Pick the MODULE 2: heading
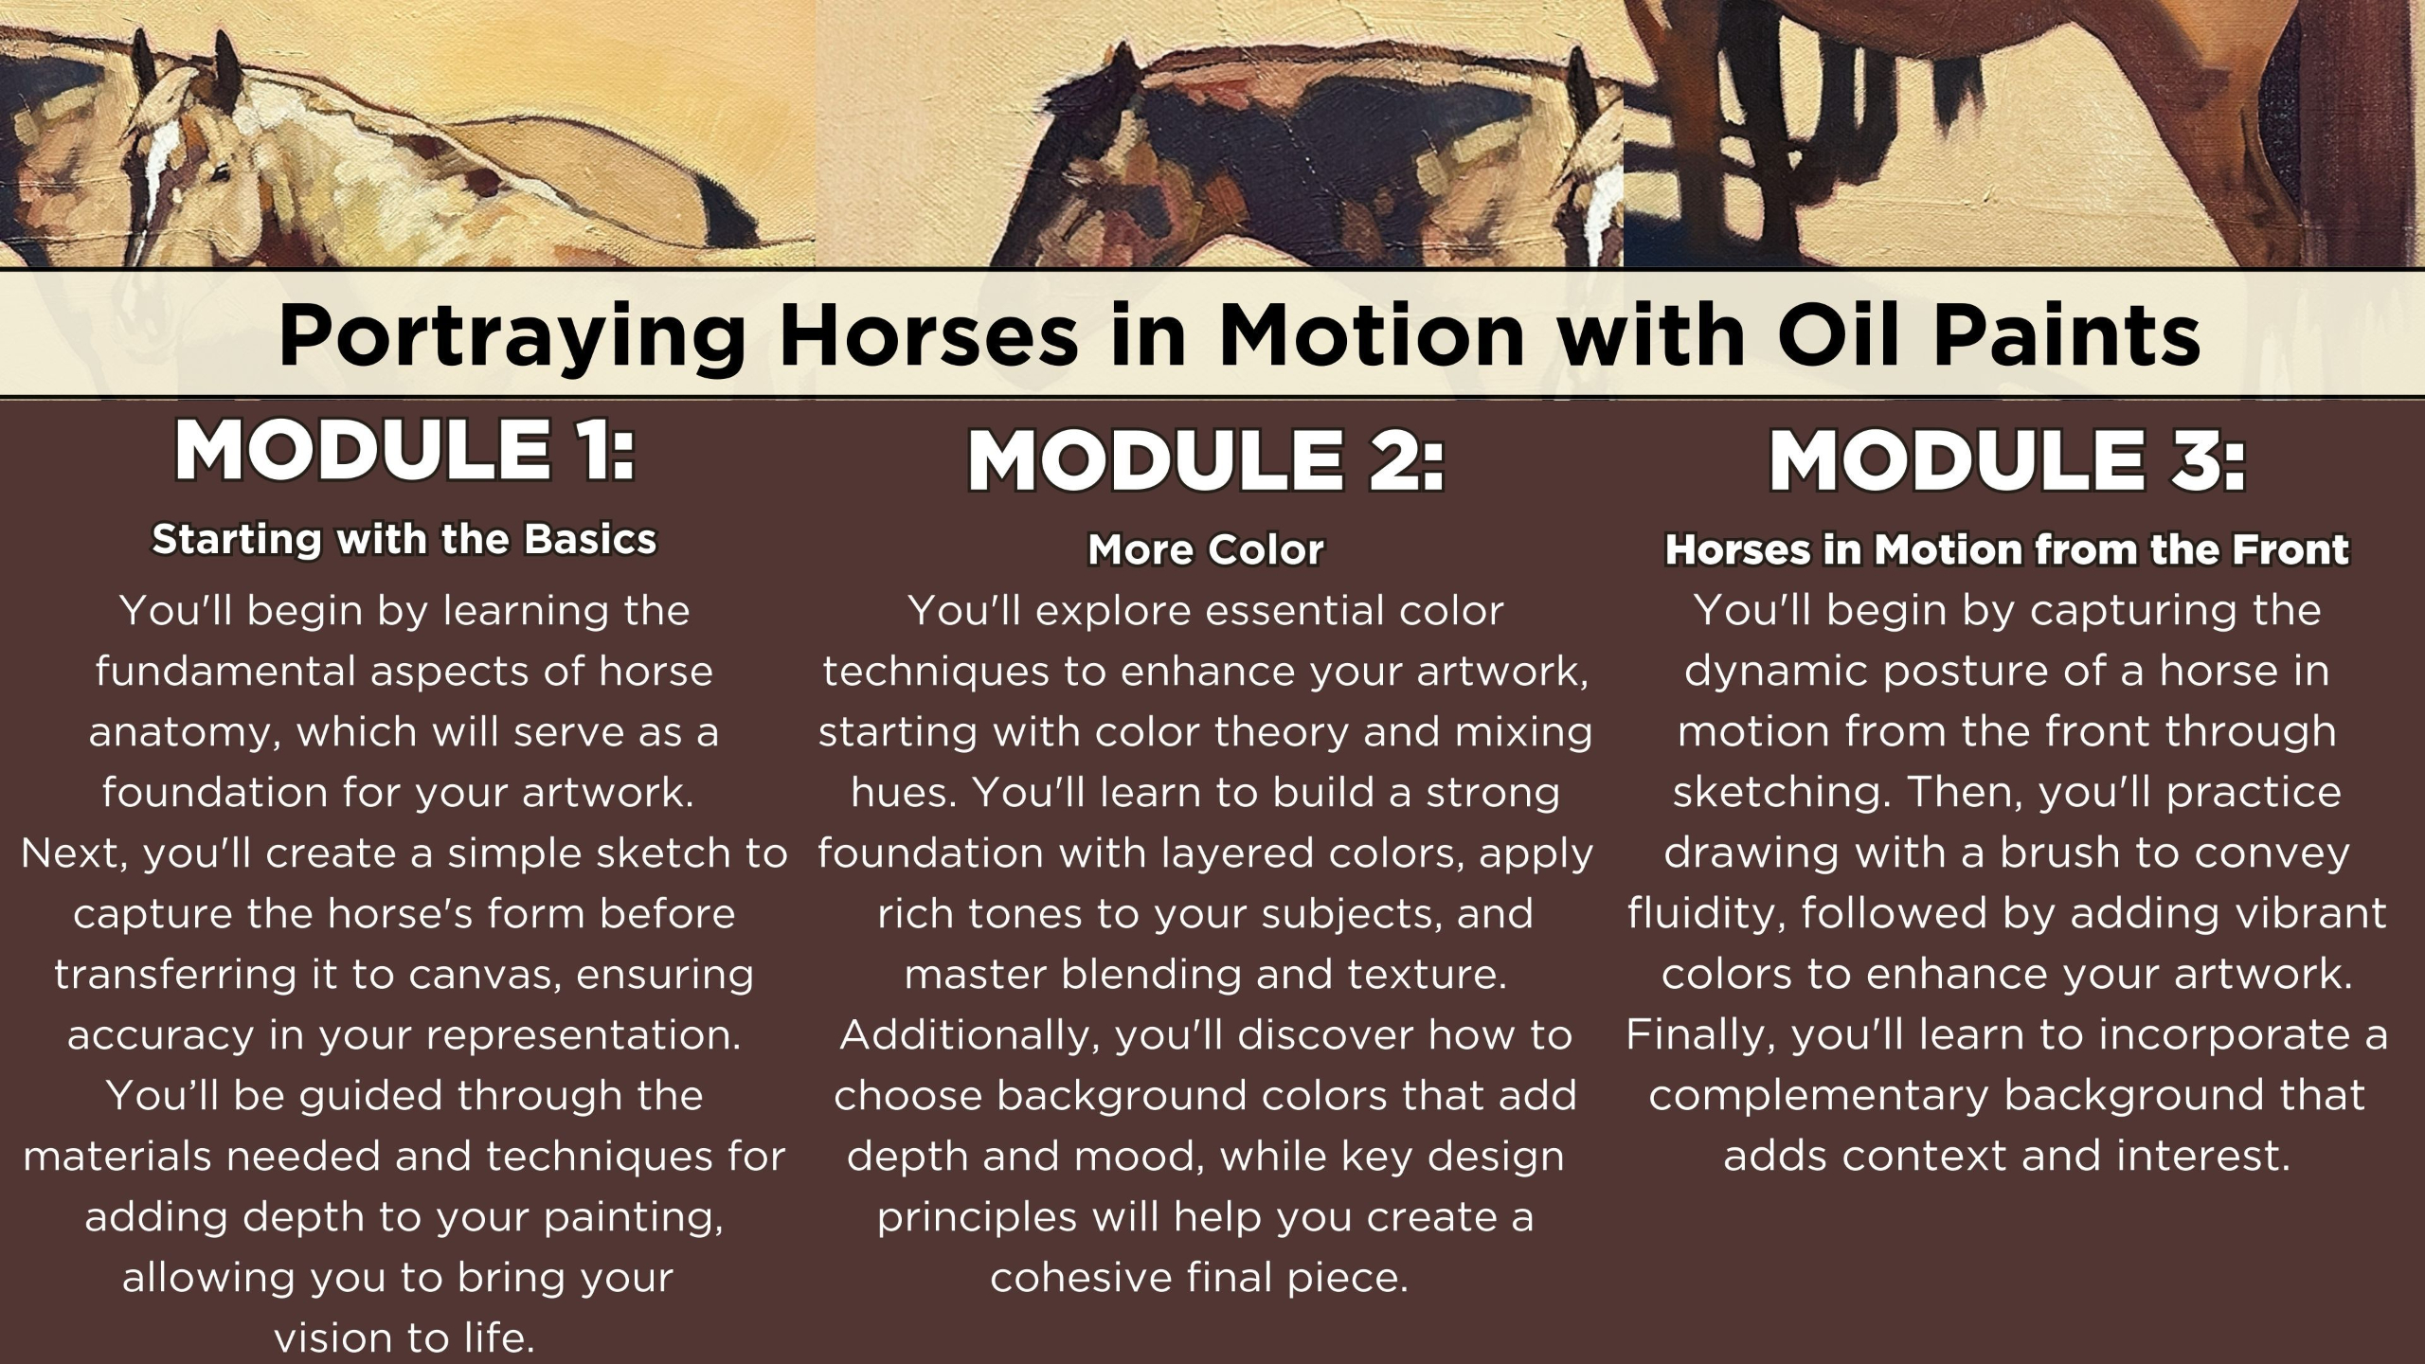tap(1206, 461)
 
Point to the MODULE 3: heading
tap(2007, 461)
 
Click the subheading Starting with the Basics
tap(404, 540)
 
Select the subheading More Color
tap(1206, 549)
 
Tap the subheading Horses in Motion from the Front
tap(2007, 549)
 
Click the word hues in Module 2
tap(903, 793)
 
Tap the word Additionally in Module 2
tap(970, 1035)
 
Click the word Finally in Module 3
tap(1700, 1036)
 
